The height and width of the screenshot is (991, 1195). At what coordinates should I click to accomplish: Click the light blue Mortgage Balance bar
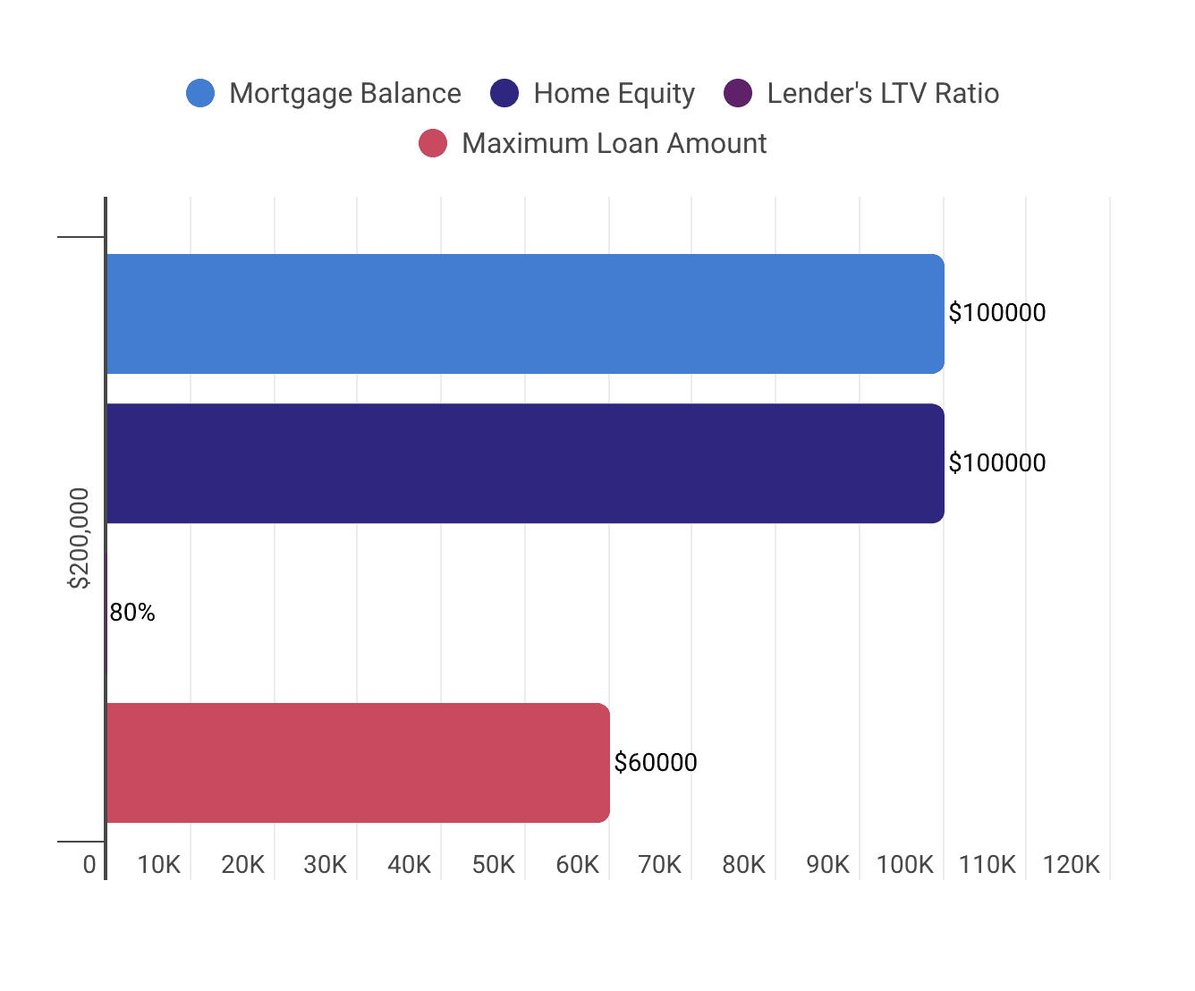point(525,314)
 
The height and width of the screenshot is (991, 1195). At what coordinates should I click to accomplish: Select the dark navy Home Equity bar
point(525,463)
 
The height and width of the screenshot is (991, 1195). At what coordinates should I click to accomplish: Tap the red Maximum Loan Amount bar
point(358,763)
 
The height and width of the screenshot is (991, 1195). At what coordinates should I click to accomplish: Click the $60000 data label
point(656,763)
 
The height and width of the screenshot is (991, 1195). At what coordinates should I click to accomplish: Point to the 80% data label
point(132,613)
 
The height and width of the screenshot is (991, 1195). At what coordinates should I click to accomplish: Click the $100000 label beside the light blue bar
point(997,313)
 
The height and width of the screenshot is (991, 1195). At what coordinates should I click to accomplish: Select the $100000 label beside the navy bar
point(997,463)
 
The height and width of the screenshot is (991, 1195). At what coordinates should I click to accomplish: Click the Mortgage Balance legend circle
point(200,93)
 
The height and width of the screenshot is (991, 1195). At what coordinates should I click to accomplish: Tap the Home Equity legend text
point(614,93)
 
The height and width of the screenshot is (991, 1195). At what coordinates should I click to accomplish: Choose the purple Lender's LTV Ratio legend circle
point(738,93)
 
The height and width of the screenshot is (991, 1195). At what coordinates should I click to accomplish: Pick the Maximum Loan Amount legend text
point(614,143)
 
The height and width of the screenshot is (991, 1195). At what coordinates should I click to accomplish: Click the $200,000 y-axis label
point(81,538)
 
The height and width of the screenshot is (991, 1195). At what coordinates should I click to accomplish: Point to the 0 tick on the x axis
point(89,865)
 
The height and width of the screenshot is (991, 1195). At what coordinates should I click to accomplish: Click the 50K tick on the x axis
point(494,865)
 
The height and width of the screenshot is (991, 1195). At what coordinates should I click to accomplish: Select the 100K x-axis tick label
point(904,865)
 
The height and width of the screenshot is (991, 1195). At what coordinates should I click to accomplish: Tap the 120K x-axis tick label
point(1072,865)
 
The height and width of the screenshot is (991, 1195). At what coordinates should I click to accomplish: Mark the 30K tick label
point(326,865)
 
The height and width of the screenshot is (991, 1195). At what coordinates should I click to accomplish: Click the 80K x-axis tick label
point(744,865)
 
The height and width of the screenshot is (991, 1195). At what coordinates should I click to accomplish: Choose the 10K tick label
point(159,865)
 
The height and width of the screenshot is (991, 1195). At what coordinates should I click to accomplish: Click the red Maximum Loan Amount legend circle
point(433,143)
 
